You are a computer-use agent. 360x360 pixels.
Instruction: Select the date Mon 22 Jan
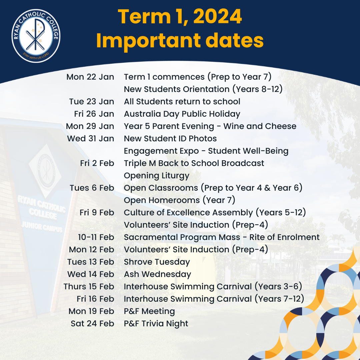pyautogui.click(x=90, y=77)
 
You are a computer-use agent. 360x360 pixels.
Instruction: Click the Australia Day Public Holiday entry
pyautogui.click(x=182, y=114)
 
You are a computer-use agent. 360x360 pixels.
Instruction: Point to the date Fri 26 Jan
pyautogui.click(x=94, y=114)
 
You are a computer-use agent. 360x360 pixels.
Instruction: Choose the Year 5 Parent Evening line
pyautogui.click(x=210, y=126)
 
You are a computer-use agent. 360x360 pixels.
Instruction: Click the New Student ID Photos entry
pyautogui.click(x=170, y=139)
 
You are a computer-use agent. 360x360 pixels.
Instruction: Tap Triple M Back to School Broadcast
pyautogui.click(x=194, y=163)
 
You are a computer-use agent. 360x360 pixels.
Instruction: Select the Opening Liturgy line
pyautogui.click(x=157, y=176)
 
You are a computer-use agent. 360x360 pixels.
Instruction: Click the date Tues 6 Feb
pyautogui.click(x=92, y=188)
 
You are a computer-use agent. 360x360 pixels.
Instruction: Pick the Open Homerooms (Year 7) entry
pyautogui.click(x=180, y=200)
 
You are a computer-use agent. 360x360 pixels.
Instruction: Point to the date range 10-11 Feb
pyautogui.click(x=96, y=237)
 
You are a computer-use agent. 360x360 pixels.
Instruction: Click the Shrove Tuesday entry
pyautogui.click(x=157, y=262)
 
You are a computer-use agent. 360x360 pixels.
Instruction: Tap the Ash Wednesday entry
pyautogui.click(x=158, y=274)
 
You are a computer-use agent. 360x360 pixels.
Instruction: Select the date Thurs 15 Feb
pyautogui.click(x=89, y=287)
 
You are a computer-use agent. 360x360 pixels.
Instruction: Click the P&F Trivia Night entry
pyautogui.click(x=156, y=324)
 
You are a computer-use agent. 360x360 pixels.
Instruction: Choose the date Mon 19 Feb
pyautogui.click(x=91, y=311)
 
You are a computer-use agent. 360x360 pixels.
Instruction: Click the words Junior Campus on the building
pyautogui.click(x=41, y=227)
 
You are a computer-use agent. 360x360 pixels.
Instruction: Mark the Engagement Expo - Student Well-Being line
pyautogui.click(x=206, y=151)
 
